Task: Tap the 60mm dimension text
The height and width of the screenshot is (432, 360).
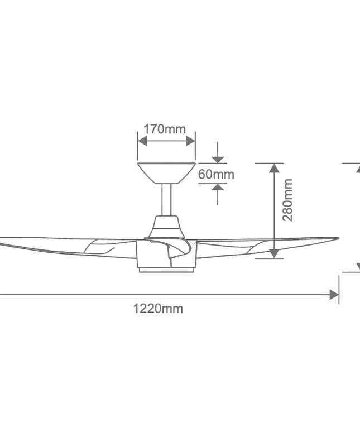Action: tap(216, 174)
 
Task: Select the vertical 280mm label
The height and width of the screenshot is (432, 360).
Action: tap(287, 200)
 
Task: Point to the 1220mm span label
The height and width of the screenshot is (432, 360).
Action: tap(158, 308)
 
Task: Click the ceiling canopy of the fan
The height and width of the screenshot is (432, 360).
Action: tap(166, 172)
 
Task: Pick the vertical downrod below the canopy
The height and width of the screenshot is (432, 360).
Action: tap(166, 199)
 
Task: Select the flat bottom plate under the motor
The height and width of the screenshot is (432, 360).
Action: tap(166, 270)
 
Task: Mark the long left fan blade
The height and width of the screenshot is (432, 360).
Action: tap(56, 246)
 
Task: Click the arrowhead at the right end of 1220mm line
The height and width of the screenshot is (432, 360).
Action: tap(334, 295)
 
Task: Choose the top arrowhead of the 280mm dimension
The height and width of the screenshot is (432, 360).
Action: tap(273, 168)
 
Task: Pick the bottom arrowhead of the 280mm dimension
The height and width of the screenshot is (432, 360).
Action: tap(273, 253)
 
